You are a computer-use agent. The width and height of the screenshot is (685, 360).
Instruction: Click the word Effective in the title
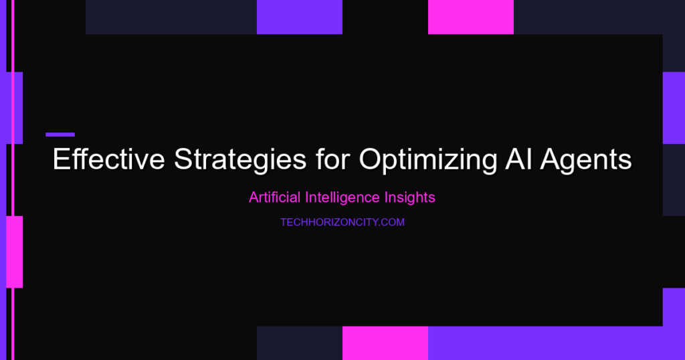pos(109,159)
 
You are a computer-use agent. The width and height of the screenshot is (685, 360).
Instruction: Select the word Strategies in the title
pos(240,160)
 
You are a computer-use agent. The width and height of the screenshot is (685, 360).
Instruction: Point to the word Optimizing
pos(427,160)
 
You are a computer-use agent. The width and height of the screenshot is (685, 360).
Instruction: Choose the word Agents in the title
pos(586,160)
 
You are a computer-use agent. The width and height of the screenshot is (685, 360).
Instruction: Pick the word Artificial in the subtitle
pos(274,197)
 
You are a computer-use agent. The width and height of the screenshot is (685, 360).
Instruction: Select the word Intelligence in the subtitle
pos(342,198)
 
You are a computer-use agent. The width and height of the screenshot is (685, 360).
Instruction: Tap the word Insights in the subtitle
pos(410,198)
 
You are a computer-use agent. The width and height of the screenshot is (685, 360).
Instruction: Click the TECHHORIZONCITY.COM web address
pos(342,222)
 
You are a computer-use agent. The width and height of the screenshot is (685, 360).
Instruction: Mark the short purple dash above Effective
pos(60,134)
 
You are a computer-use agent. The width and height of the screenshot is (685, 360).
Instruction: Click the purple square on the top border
pos(300,17)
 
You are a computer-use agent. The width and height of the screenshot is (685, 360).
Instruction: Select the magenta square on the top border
pos(471,17)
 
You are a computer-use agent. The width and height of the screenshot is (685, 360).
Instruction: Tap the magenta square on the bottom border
pos(385,343)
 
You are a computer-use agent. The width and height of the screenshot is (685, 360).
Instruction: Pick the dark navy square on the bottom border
pos(300,343)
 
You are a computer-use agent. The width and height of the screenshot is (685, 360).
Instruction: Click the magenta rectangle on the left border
pos(15,252)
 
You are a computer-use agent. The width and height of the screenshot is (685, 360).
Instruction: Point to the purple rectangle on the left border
pos(15,108)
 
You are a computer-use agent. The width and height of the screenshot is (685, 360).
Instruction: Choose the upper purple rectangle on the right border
pos(674,108)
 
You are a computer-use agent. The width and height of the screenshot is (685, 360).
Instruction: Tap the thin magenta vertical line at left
pos(13,180)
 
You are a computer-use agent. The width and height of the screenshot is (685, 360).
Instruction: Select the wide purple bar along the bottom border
pos(557,343)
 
